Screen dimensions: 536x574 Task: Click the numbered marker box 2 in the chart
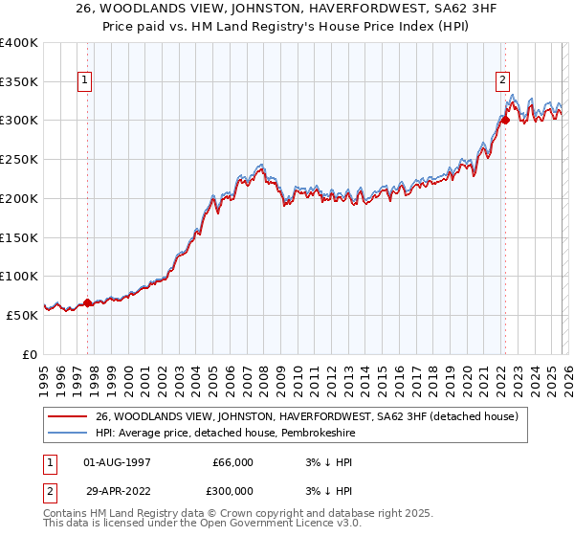[503, 81]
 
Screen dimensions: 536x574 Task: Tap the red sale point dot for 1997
[87, 302]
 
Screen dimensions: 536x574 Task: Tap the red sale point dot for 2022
[504, 120]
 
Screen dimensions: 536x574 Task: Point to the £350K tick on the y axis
[19, 82]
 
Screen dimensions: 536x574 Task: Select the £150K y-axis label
[19, 237]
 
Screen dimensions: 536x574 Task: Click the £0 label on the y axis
[30, 354]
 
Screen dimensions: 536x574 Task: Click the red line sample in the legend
[67, 416]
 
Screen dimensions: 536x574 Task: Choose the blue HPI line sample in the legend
[67, 433]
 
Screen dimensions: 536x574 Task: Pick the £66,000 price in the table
[232, 462]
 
